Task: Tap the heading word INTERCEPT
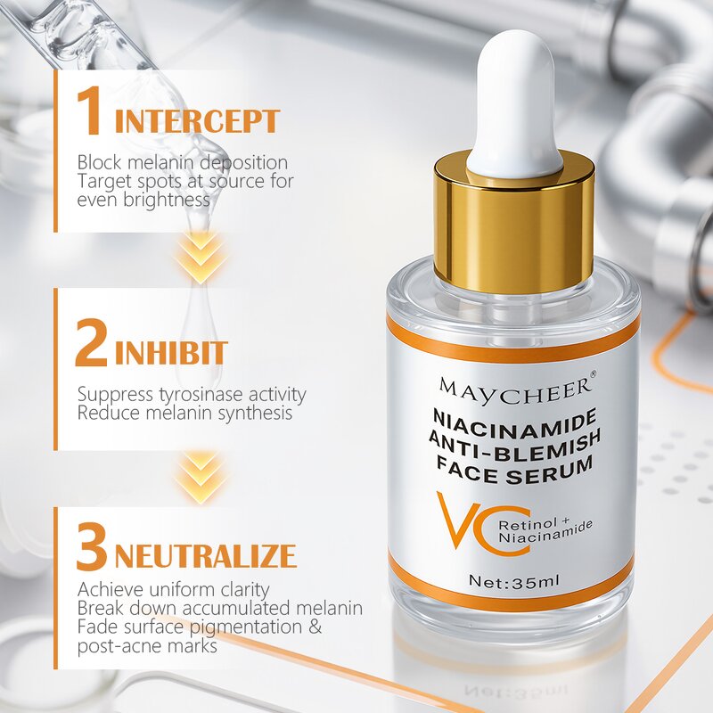coord(197,121)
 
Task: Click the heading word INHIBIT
coord(170,353)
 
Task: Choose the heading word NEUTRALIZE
coord(205,556)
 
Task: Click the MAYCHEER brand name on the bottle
coord(514,387)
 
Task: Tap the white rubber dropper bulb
coord(514,102)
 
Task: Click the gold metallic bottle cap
coord(514,223)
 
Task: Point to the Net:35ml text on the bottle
coord(514,581)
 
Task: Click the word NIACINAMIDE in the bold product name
coord(514,416)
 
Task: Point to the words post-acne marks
coord(147,646)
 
